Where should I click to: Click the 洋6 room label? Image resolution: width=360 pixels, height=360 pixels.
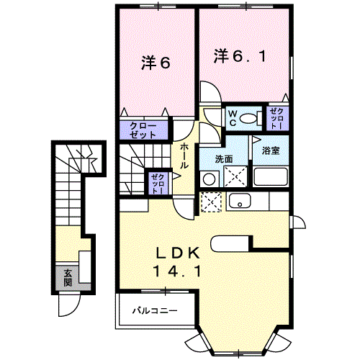coord(156,63)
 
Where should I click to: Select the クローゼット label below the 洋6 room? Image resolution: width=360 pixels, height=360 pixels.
coord(144,130)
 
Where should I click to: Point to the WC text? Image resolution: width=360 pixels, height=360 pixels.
coord(233,118)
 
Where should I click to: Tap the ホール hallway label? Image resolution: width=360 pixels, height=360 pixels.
coord(184,155)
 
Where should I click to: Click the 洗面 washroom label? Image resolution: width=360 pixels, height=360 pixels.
coord(223,158)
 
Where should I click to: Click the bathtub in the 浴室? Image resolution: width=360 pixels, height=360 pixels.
coord(271,176)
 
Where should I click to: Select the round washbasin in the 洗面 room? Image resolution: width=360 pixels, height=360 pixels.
coord(208,178)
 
